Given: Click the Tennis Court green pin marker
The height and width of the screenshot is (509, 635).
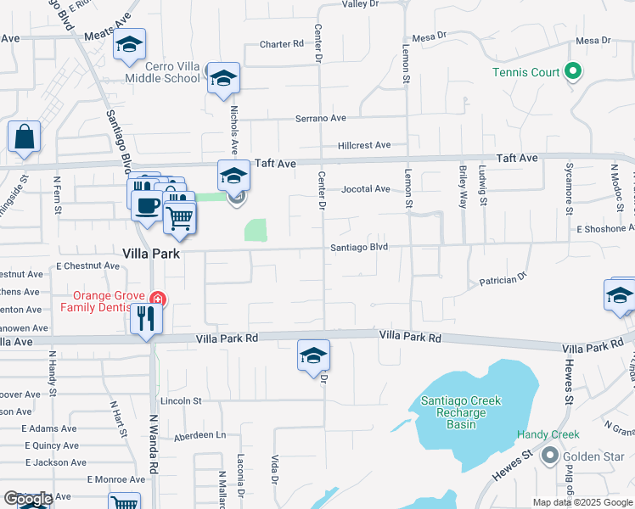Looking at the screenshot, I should pyautogui.click(x=573, y=71).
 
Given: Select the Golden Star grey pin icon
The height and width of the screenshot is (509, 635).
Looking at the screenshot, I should pyautogui.click(x=549, y=457).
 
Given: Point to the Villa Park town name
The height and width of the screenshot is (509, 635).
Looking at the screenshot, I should pyautogui.click(x=152, y=254).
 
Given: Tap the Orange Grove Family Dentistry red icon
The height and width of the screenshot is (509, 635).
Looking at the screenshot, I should pyautogui.click(x=156, y=299).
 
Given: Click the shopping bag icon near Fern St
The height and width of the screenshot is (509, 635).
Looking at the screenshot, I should pyautogui.click(x=24, y=137).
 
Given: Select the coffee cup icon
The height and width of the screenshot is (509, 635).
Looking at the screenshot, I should pyautogui.click(x=147, y=204).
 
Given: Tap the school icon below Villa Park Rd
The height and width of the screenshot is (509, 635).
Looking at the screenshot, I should pyautogui.click(x=313, y=355).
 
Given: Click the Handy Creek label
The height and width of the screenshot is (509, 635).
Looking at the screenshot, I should pyautogui.click(x=548, y=434).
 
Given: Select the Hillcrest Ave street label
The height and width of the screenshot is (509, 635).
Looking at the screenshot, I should pyautogui.click(x=363, y=145).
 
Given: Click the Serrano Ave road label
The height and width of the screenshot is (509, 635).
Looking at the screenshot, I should pyautogui.click(x=321, y=118).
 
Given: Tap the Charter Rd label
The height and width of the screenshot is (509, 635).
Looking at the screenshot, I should pyautogui.click(x=281, y=44).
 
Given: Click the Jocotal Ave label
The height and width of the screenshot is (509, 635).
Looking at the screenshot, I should pyautogui.click(x=364, y=189).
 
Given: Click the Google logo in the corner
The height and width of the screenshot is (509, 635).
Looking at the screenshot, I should pyautogui.click(x=28, y=500).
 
